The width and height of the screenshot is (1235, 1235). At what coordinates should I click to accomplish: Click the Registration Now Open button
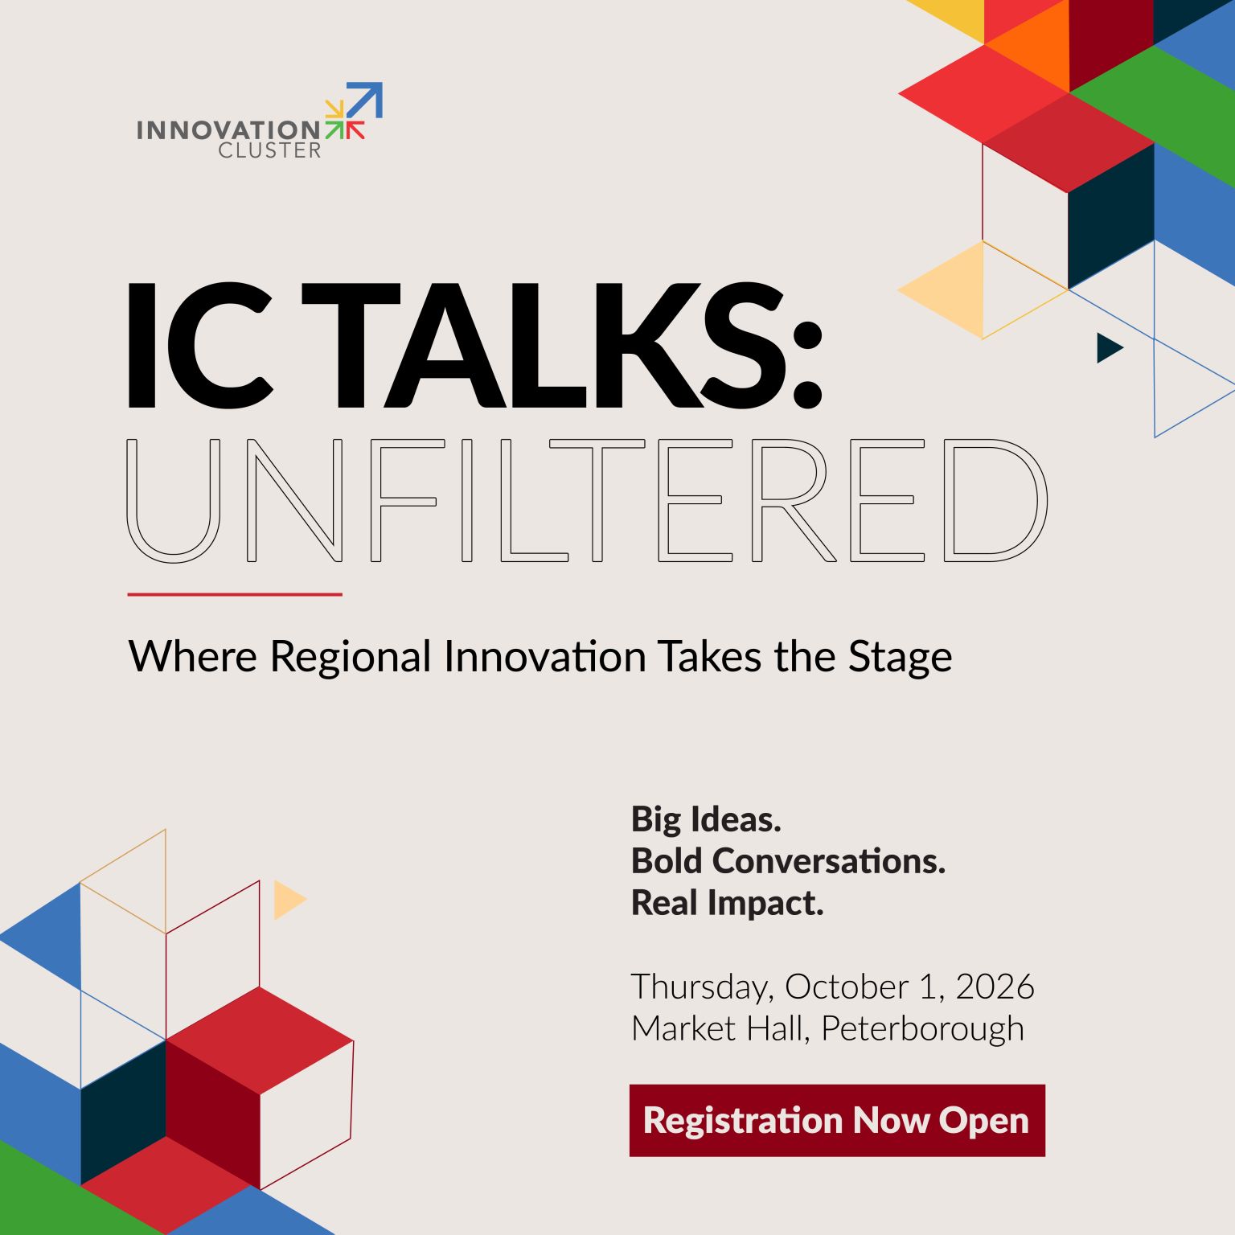[x=837, y=1120]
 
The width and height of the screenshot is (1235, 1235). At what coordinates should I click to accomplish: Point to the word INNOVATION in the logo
[x=228, y=130]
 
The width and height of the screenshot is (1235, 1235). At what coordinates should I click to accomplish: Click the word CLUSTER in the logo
[x=269, y=150]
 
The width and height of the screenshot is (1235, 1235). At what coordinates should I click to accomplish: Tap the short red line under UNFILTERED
[x=235, y=594]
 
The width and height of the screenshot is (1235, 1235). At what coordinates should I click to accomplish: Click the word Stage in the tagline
[x=901, y=658]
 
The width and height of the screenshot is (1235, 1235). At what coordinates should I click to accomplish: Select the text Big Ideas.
[x=706, y=820]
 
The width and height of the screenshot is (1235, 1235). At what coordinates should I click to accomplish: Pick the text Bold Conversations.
[x=788, y=861]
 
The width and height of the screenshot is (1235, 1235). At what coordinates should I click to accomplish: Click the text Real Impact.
[x=728, y=903]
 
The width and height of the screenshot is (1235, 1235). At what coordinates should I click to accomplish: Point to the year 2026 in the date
[x=995, y=987]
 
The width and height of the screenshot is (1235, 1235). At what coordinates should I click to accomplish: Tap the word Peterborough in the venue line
[x=923, y=1029]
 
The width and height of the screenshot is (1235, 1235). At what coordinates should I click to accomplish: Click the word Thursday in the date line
[x=703, y=987]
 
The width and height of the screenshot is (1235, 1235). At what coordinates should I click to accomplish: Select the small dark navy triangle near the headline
[x=1110, y=347]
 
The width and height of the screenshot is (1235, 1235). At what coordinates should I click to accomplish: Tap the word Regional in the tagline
[x=351, y=658]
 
